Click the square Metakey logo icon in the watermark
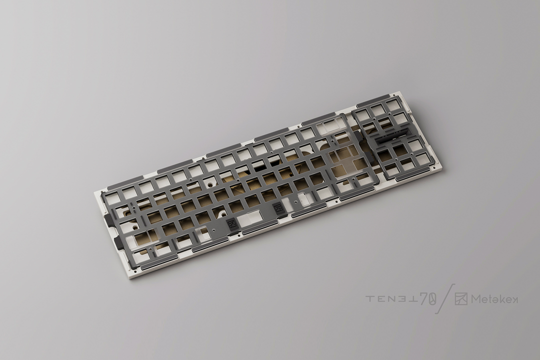(461, 299)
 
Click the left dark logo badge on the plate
(231, 224)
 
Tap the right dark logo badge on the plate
(278, 209)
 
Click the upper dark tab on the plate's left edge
(109, 221)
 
